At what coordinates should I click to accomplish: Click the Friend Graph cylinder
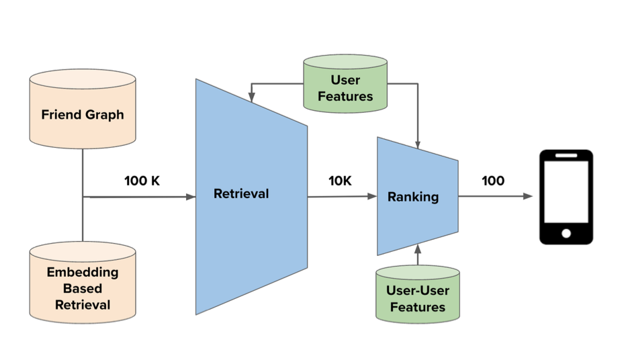pyautogui.click(x=83, y=109)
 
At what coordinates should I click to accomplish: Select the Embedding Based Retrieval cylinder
pyautogui.click(x=83, y=283)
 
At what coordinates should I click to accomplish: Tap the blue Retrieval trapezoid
pyautogui.click(x=251, y=197)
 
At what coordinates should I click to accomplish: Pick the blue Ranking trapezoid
pyautogui.click(x=418, y=196)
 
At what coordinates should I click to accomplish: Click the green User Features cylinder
pyautogui.click(x=345, y=84)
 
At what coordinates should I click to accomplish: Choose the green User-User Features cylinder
pyautogui.click(x=418, y=294)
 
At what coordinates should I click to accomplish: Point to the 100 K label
pyautogui.click(x=142, y=181)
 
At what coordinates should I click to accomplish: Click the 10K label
pyautogui.click(x=340, y=181)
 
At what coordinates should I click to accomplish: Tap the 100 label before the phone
pyautogui.click(x=493, y=181)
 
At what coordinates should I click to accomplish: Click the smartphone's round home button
pyautogui.click(x=566, y=234)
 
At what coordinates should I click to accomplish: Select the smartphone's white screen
pyautogui.click(x=566, y=192)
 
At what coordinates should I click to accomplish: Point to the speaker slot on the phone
pyautogui.click(x=566, y=155)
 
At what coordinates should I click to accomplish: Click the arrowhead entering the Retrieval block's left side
pyautogui.click(x=191, y=197)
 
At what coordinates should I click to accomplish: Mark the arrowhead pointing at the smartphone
pyautogui.click(x=528, y=196)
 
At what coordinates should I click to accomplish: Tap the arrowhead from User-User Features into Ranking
pyautogui.click(x=418, y=249)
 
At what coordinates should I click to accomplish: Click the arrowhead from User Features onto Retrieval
pyautogui.click(x=251, y=97)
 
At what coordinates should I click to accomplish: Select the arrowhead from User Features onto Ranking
pyautogui.click(x=418, y=144)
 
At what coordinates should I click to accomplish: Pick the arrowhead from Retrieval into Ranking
pyautogui.click(x=372, y=196)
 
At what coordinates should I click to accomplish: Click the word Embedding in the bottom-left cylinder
pyautogui.click(x=83, y=272)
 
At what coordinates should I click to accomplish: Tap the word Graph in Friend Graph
pyautogui.click(x=105, y=116)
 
